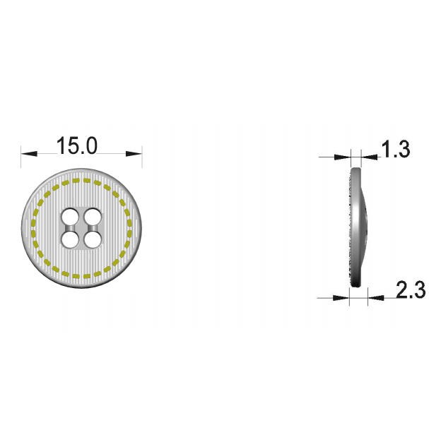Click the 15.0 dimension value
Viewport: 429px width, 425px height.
pos(77,145)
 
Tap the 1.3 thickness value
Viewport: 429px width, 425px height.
pos(396,149)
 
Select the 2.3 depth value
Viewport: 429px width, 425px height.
pos(411,290)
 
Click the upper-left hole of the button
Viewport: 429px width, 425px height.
pos(69,217)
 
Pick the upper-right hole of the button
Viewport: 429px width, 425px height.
pos(92,217)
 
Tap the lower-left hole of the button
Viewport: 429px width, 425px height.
pos(69,240)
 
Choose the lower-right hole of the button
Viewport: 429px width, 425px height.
pos(92,240)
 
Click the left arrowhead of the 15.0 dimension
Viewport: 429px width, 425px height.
pos(29,154)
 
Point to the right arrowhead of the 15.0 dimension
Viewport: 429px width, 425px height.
pos(134,154)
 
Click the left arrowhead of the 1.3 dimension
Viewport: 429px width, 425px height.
pos(343,157)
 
